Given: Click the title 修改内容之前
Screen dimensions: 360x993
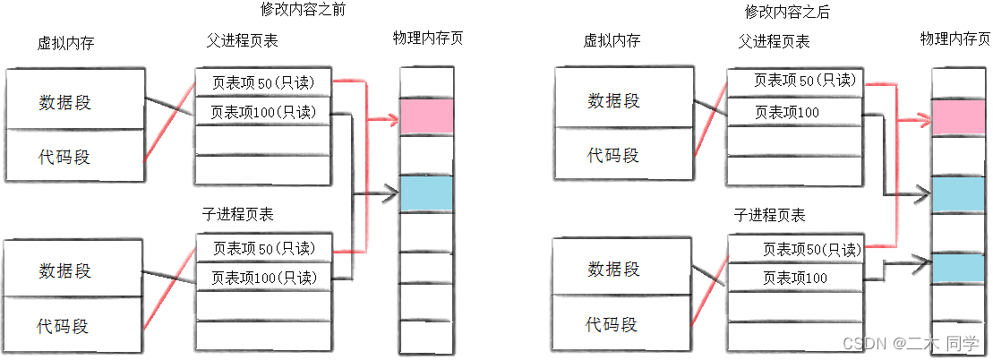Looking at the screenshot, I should tap(303, 11).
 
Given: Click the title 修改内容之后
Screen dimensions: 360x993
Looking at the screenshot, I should tap(788, 12).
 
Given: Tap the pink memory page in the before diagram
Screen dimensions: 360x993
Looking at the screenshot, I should tap(426, 116).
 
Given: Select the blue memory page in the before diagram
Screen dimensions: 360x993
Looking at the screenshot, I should tap(426, 193).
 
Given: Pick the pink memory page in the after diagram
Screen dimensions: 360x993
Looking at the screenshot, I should tap(957, 117).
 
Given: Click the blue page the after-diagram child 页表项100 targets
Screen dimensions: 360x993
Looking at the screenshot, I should tap(957, 270).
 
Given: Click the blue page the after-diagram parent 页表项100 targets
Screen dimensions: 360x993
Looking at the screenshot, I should tap(957, 194).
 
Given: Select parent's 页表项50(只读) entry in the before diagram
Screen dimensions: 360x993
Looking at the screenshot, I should tap(263, 82).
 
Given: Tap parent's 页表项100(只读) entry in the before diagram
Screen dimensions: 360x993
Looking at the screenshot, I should tap(263, 113).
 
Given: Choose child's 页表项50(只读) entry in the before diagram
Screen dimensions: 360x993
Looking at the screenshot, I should tap(263, 247).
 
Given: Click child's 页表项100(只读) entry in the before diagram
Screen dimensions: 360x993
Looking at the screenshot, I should tap(263, 277).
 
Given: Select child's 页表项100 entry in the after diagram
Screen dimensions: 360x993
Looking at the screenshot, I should tap(794, 279).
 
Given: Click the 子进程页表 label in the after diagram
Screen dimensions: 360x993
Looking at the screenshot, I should tap(769, 215).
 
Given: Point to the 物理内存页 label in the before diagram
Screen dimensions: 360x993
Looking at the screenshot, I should tap(427, 39).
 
